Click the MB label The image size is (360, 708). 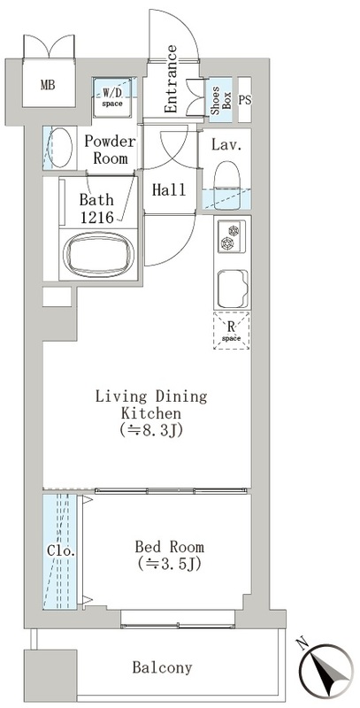48,84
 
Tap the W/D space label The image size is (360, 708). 112,98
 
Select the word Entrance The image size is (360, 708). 172,79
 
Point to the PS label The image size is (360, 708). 244,100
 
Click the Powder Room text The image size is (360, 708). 110,150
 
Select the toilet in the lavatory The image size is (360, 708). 227,186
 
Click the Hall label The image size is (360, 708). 169,189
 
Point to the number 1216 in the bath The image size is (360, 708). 96,216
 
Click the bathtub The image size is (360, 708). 99,254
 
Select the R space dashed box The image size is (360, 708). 232,330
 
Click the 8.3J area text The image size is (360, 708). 151,430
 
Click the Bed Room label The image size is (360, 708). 170,548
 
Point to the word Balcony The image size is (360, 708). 163,667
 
